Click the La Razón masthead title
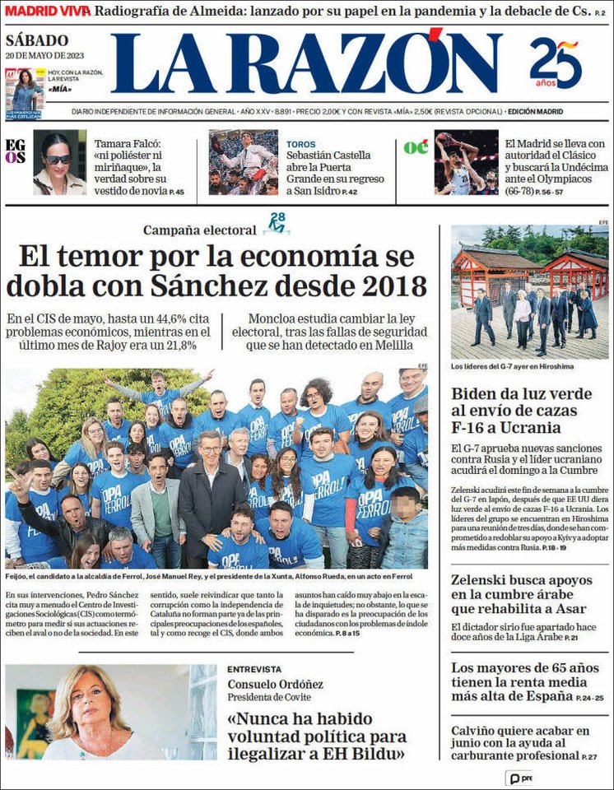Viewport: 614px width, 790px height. (305, 64)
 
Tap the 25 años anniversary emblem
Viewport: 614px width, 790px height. (556, 63)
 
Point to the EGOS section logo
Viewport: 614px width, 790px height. (15, 151)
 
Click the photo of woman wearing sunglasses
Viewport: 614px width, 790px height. (59, 162)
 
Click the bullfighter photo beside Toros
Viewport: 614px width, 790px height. (243, 162)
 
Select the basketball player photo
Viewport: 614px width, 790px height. (466, 162)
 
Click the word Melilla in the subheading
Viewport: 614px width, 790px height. (384, 346)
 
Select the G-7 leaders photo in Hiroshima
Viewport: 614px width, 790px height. (529, 292)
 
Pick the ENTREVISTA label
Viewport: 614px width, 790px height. (254, 669)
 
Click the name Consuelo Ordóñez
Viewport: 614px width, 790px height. (275, 685)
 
